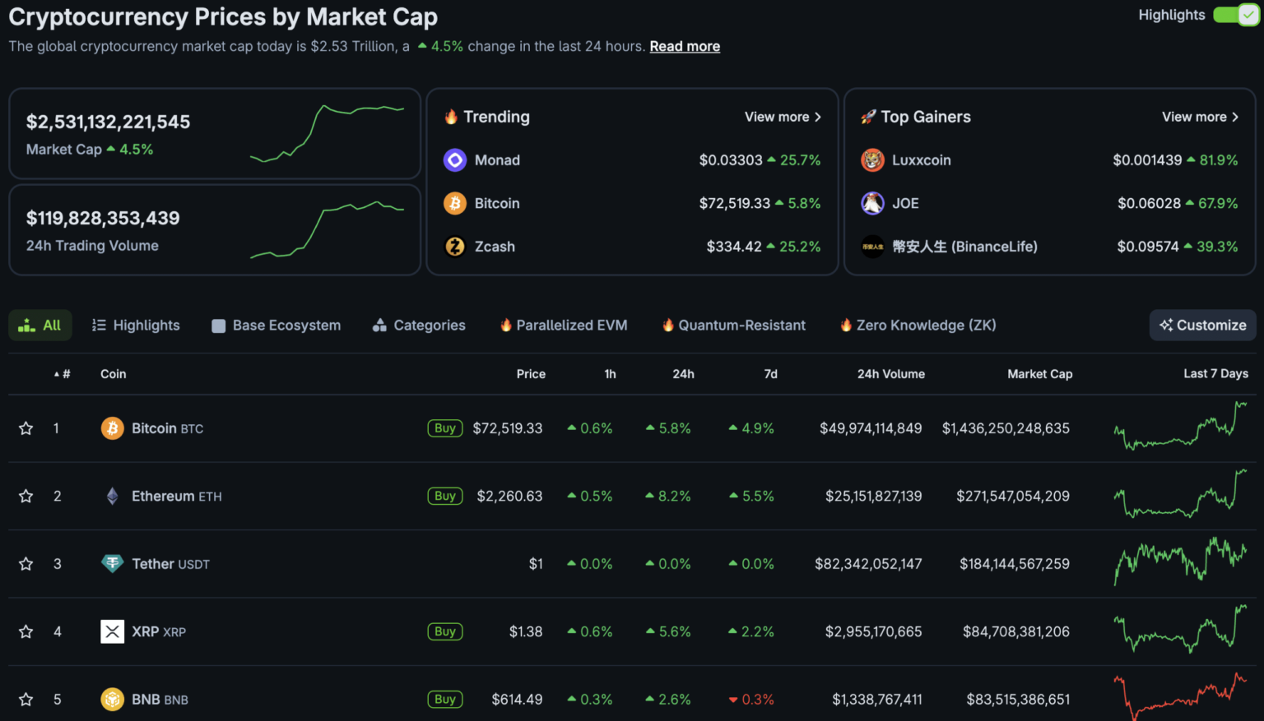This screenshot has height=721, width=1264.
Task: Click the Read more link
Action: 685,47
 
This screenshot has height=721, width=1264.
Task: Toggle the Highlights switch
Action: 1236,15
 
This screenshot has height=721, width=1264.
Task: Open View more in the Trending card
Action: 783,117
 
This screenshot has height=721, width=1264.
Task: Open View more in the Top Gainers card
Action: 1200,117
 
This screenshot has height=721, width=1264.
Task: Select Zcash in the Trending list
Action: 494,247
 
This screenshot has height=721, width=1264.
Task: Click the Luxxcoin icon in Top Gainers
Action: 872,160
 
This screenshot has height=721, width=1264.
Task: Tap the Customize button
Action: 1202,326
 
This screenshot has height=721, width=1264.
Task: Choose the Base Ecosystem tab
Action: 276,326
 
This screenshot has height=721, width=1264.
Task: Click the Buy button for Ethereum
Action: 445,496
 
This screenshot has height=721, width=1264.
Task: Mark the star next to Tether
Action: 26,564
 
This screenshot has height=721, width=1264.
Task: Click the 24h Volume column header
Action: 890,374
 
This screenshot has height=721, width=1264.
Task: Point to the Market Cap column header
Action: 1039,374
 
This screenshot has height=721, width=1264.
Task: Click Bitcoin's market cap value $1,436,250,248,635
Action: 1006,428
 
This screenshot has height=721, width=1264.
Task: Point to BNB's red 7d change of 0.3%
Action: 751,700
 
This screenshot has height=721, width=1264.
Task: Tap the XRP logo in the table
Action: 112,631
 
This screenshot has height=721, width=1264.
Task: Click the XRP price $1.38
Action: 525,631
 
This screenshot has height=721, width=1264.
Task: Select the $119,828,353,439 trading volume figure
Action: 103,219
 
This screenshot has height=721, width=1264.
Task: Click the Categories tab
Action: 419,326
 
